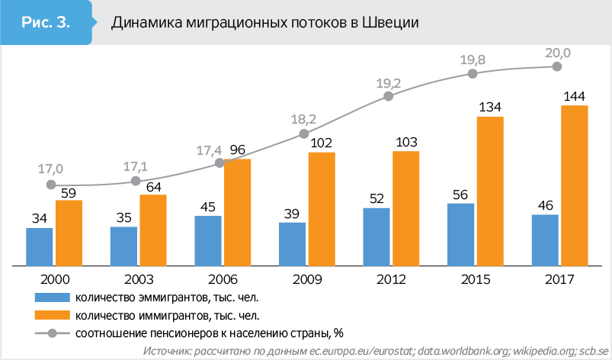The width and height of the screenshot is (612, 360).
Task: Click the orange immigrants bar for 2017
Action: (574, 185)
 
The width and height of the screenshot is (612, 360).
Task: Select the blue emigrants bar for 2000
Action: (40, 246)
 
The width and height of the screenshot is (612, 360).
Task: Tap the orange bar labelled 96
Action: (237, 212)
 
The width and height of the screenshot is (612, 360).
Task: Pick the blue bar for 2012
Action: (376, 236)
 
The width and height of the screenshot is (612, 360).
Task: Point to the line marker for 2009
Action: (304, 133)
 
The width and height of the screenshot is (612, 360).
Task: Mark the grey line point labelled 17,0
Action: (51, 185)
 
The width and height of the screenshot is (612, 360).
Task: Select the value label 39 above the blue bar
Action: (291, 214)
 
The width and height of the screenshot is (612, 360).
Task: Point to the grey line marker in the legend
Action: (53, 333)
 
